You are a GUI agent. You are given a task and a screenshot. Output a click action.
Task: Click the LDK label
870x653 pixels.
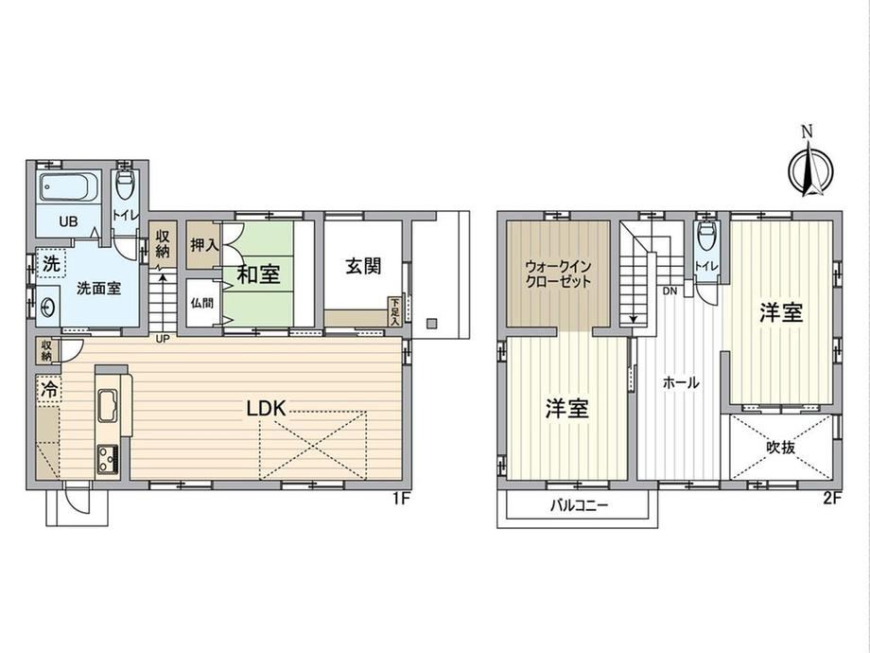click(267, 409)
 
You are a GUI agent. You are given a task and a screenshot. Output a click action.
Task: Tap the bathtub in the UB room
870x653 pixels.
click(69, 186)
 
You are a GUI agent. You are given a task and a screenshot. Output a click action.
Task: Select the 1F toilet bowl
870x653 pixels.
click(126, 184)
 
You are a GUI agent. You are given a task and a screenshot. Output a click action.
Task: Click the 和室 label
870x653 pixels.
click(259, 274)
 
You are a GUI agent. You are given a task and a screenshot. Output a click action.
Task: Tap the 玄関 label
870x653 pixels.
click(363, 266)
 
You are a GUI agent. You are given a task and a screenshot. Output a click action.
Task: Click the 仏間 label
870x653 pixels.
click(202, 303)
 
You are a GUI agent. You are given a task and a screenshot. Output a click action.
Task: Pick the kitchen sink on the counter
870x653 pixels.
click(108, 406)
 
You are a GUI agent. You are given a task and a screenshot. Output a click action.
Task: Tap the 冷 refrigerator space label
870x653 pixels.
click(50, 389)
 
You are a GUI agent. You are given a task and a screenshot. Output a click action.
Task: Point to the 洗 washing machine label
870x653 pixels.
click(51, 264)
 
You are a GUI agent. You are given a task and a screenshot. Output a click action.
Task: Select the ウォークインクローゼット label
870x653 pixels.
click(558, 274)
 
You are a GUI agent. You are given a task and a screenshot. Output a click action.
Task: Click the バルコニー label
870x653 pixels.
click(580, 506)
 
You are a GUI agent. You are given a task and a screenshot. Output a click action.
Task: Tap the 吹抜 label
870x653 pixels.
click(781, 447)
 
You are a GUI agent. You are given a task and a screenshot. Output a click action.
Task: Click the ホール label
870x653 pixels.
click(682, 382)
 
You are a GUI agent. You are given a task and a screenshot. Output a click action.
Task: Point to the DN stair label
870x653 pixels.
click(670, 291)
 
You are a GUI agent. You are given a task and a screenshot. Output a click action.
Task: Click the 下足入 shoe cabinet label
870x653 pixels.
click(394, 311)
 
